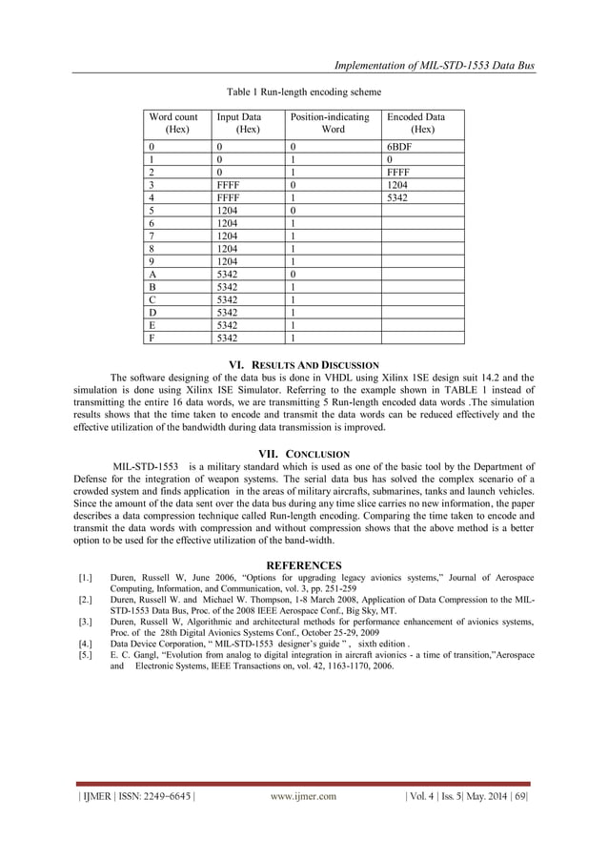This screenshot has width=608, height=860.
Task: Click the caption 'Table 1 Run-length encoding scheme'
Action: point(303,92)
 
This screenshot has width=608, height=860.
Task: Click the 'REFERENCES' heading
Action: point(303,565)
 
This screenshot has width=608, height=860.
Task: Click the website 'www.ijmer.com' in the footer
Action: point(303,796)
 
